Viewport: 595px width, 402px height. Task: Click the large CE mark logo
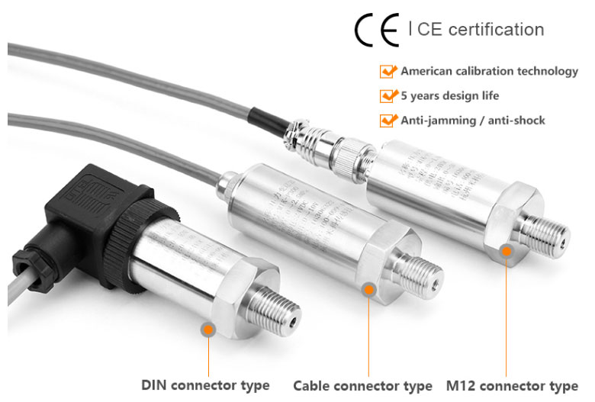[377, 30]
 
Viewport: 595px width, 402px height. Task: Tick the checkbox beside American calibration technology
[388, 72]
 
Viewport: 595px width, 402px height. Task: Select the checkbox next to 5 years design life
[388, 96]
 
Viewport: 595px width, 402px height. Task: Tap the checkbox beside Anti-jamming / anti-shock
[388, 121]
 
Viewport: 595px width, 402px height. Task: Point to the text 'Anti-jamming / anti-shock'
[473, 121]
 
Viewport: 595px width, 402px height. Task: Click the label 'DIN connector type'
[205, 384]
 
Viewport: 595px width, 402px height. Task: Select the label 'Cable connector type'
[362, 385]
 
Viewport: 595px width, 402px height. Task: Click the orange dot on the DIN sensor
[207, 329]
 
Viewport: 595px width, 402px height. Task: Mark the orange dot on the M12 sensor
[506, 251]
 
